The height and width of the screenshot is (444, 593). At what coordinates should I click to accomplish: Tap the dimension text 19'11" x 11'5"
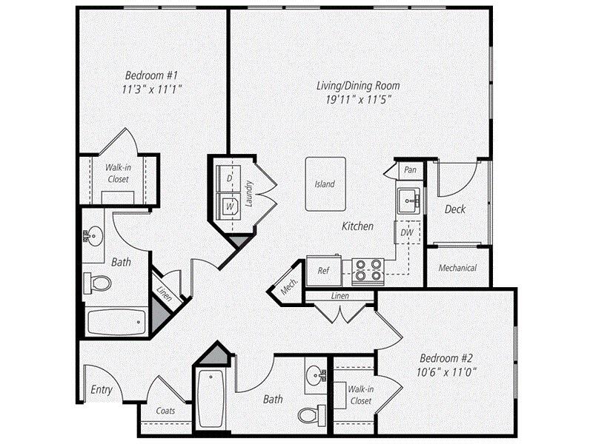click(x=354, y=98)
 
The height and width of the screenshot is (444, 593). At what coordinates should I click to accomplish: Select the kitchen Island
click(x=325, y=184)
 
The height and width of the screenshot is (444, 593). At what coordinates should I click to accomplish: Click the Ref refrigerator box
click(x=323, y=270)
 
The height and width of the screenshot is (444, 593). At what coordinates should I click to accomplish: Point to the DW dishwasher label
click(x=406, y=232)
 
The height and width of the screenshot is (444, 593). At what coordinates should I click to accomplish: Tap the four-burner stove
click(x=367, y=271)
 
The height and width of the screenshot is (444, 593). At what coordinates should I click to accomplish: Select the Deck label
click(x=454, y=209)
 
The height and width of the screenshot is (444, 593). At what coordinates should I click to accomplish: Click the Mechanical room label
click(x=457, y=268)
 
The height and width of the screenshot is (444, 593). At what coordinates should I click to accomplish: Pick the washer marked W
click(x=230, y=205)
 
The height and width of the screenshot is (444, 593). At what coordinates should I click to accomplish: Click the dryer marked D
click(x=229, y=179)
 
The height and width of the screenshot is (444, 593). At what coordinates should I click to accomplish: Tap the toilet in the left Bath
click(x=98, y=283)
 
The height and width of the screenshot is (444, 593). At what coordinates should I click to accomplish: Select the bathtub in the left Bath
click(x=114, y=321)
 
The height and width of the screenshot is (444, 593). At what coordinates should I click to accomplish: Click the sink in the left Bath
click(x=94, y=235)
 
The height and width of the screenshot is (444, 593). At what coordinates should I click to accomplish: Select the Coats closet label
click(x=166, y=411)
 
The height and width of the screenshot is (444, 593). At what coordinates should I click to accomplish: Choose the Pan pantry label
click(x=409, y=170)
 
